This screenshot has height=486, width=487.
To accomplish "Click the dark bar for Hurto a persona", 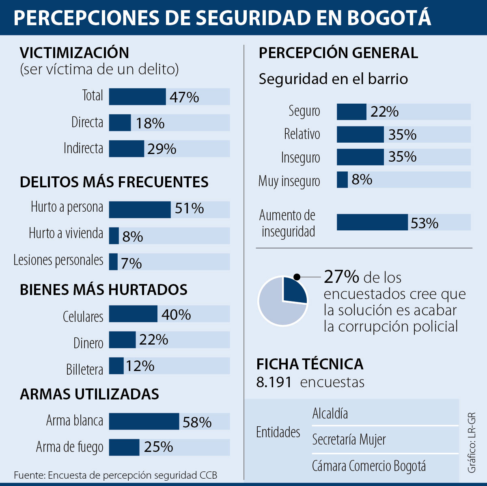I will tap(140, 210).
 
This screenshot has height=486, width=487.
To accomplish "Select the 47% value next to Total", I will tap(184, 97).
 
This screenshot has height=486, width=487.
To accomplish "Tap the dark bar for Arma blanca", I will tap(144, 421).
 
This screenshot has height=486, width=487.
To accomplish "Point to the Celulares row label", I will tap(83, 317).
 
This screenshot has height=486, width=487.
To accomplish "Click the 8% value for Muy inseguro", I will tap(362, 179).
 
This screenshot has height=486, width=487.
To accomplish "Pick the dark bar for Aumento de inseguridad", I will tap(372, 222).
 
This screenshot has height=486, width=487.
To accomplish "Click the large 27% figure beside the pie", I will tap(341, 277).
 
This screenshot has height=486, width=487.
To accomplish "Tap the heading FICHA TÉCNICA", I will tap(310, 364).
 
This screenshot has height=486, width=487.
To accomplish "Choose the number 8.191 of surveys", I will tap(274, 382).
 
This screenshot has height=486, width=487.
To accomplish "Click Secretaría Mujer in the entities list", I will tap(349, 440).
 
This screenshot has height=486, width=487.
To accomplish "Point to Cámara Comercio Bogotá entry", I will tap(368, 466).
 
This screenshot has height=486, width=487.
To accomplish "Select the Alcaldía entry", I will tap(330, 414).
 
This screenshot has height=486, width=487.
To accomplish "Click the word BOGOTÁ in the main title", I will tap(389, 18).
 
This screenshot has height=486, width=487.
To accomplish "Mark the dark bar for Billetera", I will tap(116, 366).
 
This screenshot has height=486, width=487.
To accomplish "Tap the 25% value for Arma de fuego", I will tap(158, 447).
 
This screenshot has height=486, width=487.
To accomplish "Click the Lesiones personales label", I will tap(58, 260).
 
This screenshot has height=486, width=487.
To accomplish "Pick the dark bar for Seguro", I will tap(351, 112).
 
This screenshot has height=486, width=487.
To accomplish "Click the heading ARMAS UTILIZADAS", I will tap(89, 394).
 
